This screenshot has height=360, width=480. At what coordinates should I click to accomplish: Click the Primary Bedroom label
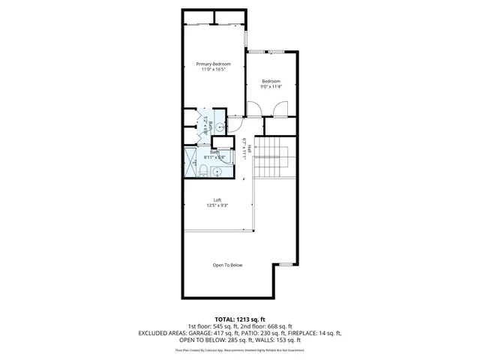click(x=213, y=64)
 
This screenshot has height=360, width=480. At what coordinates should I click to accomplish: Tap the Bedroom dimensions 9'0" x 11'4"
click(x=270, y=87)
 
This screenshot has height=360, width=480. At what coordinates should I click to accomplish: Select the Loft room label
click(x=217, y=199)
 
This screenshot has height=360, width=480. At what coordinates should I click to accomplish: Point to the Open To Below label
click(x=227, y=265)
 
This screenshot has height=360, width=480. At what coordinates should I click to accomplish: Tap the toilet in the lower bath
click(x=204, y=172)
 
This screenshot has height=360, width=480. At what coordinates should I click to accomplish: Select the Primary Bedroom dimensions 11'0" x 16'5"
click(x=213, y=70)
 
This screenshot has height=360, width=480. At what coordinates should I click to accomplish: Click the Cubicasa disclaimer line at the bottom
click(x=239, y=349)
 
